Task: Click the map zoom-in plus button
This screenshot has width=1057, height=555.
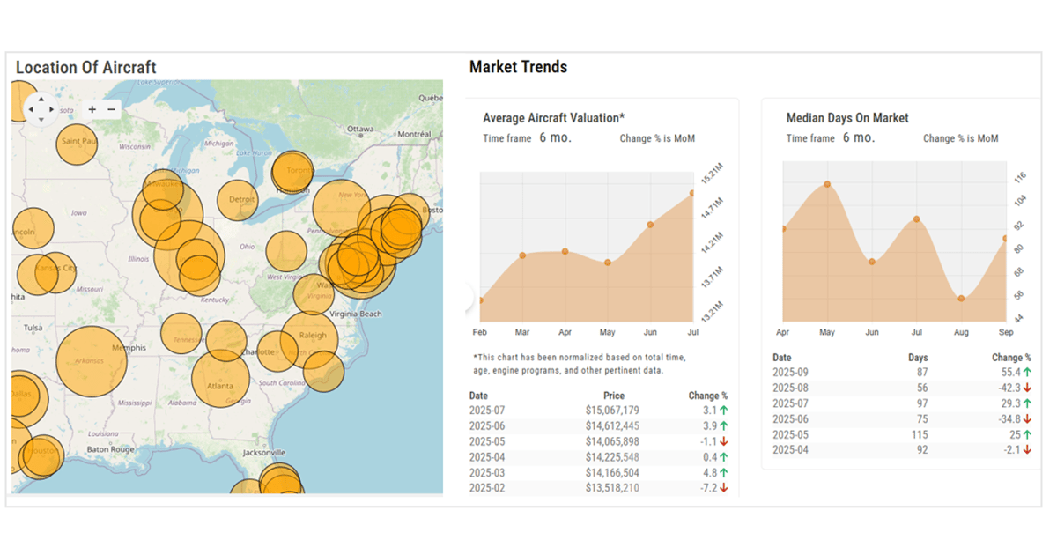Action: point(92,109)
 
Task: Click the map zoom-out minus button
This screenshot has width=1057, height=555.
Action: point(112,109)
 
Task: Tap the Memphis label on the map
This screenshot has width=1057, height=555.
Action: point(129,348)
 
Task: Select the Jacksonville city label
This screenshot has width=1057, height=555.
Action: point(265,452)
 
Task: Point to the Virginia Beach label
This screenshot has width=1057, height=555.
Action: point(355,314)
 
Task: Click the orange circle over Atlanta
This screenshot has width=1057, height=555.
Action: point(220,380)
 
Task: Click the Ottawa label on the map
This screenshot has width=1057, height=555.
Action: point(361,129)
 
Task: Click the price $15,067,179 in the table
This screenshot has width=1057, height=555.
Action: point(612,411)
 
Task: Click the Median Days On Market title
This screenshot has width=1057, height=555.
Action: point(847,118)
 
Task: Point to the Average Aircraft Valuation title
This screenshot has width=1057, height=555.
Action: point(554,118)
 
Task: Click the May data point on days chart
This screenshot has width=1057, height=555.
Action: point(827,184)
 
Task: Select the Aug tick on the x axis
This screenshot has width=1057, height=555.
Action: point(961,333)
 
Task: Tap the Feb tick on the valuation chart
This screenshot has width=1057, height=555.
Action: point(480,333)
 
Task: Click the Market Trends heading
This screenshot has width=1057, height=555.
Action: point(518,67)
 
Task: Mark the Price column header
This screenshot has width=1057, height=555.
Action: point(614,396)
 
